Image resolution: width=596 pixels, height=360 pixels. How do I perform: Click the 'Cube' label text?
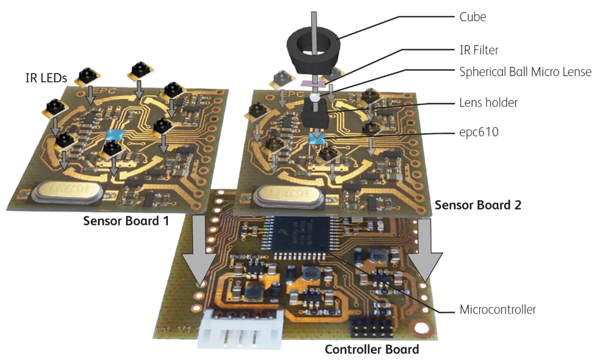473,17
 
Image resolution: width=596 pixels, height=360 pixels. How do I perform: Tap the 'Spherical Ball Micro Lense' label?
524,71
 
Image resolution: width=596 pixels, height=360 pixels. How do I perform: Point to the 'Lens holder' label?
489,102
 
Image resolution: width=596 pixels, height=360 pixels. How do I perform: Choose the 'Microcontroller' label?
497,310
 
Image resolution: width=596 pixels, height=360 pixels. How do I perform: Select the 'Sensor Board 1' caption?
125,221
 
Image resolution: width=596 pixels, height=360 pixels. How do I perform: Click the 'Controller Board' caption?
372,350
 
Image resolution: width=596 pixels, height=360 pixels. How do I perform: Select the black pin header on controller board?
370,330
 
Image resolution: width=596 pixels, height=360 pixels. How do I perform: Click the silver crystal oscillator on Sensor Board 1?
61,193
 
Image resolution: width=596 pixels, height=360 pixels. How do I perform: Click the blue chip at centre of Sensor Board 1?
114,134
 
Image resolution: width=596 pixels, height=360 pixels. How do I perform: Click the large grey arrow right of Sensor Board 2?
426,251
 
